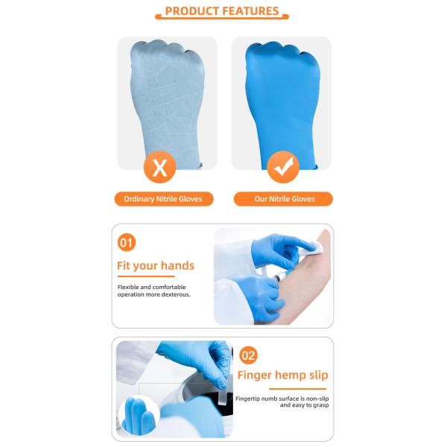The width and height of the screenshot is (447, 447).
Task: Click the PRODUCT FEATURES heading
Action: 222,11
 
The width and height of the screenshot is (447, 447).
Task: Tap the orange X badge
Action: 159,167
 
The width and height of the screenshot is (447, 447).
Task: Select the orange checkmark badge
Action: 283,167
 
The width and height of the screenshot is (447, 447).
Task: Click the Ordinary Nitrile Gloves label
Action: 164,199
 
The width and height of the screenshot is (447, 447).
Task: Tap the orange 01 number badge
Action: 127,243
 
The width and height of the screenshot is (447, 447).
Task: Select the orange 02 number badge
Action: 248,355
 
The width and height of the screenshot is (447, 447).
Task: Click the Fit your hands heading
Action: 156,266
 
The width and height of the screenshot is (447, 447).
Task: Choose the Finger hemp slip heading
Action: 283,375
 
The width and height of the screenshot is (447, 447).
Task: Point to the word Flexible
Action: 128,287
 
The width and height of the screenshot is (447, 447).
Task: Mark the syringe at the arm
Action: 282,275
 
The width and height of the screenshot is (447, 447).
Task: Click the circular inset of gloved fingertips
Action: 139,416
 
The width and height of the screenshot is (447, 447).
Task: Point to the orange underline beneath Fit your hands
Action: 146,276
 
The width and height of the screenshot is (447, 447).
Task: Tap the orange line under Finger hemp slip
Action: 297,389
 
